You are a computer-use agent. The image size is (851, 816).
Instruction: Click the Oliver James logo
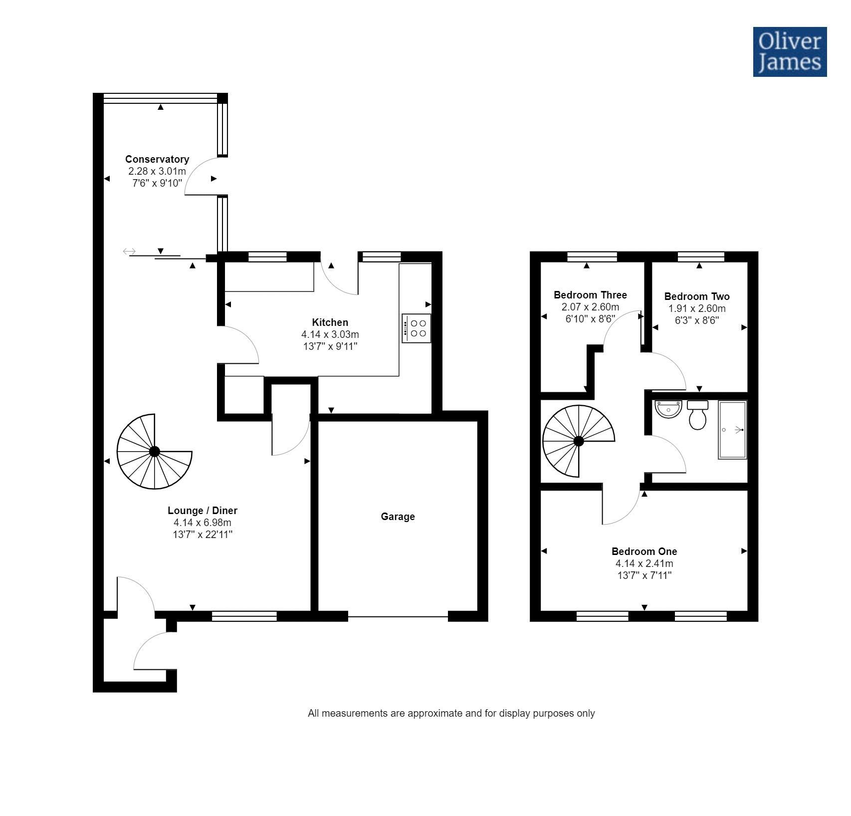point(790,52)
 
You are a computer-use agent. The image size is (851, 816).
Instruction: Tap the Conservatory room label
point(157,159)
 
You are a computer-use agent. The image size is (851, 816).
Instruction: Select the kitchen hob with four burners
point(417,328)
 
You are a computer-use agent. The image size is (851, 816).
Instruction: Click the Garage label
point(398,517)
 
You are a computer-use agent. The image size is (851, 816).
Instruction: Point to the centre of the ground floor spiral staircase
point(154,452)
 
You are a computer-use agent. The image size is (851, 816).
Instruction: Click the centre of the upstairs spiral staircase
point(579,441)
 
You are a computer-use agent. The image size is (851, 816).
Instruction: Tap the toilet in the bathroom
point(697,415)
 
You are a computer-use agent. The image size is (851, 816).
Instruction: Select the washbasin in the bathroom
point(668,409)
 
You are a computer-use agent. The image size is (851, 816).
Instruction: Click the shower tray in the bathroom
point(732,430)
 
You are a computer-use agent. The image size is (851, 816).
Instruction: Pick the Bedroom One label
point(644,551)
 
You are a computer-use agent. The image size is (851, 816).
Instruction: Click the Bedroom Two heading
point(696,296)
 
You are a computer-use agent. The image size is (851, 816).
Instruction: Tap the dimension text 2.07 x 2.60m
point(590,307)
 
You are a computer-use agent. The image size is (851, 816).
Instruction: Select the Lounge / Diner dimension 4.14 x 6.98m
point(202,523)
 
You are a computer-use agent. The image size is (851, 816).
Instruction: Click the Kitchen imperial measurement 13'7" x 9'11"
point(330,346)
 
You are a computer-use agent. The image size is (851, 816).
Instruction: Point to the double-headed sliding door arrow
point(129,251)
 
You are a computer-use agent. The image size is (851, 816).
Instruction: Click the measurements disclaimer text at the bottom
point(451,713)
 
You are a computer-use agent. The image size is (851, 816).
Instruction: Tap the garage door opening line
point(398,617)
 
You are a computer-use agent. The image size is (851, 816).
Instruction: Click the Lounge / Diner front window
point(244,616)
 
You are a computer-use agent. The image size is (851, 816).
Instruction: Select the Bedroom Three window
point(592,257)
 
